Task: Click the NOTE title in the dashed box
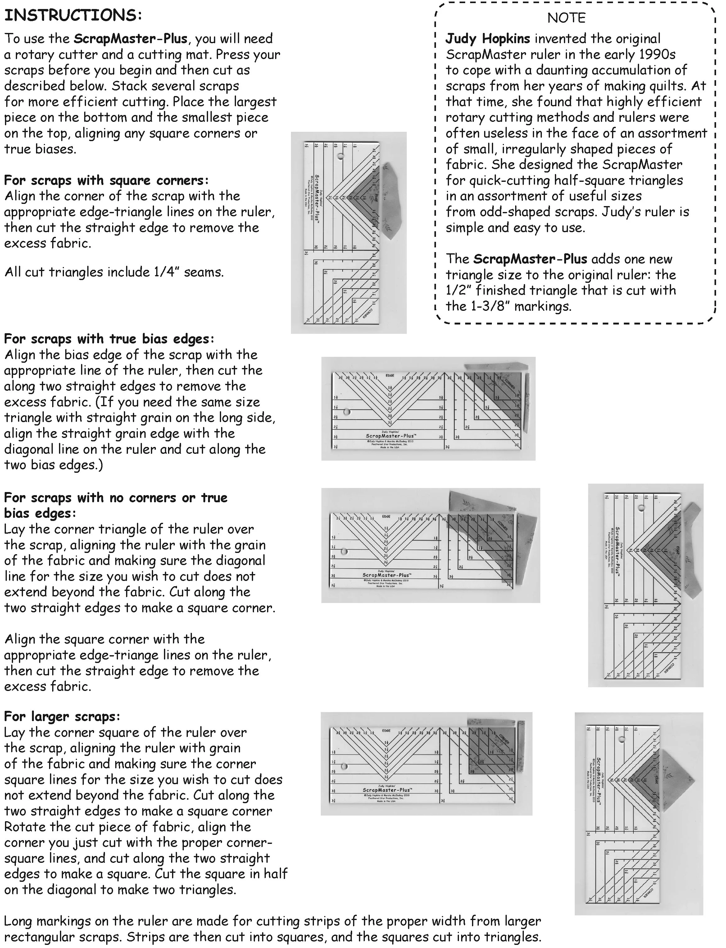566,18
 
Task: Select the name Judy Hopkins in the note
488,39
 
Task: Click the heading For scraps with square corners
106,180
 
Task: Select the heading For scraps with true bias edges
109,338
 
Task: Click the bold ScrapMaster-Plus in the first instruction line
130,39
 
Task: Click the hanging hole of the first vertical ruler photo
341,156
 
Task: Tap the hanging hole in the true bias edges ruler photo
347,412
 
